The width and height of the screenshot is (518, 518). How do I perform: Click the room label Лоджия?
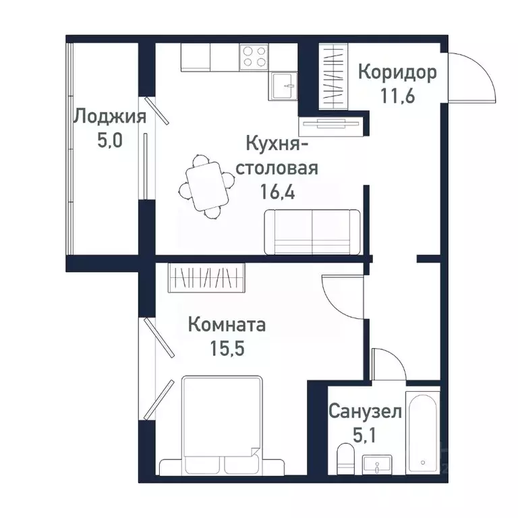[x=109, y=117]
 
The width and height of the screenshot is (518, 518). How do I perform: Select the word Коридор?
[x=397, y=71]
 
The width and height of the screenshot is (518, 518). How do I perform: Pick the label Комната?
[x=227, y=325]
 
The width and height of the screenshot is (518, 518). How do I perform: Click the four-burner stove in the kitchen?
[x=253, y=56]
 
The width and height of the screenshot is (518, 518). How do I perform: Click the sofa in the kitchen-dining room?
[x=312, y=231]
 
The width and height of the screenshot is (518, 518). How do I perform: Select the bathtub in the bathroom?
[x=422, y=432]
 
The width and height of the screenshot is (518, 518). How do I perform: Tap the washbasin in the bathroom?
[x=378, y=465]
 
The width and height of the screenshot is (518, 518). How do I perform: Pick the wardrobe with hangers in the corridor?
[x=332, y=76]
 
